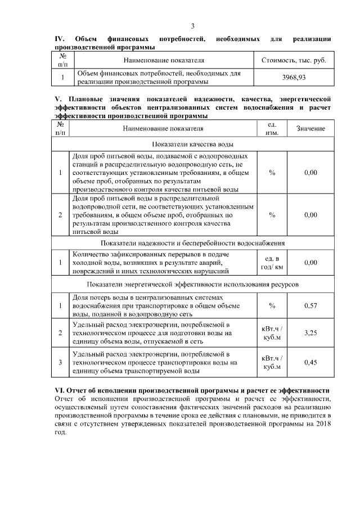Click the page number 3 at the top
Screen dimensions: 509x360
tap(192, 26)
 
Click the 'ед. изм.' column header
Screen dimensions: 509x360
tap(272, 128)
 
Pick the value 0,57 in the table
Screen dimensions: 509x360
tap(310, 305)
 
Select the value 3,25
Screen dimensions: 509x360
tap(310, 333)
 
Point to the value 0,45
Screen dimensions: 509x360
tap(310, 362)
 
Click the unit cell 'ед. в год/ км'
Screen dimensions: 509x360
tap(272, 262)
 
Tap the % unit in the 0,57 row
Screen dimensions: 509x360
tap(272, 305)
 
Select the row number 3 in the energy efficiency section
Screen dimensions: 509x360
tap(60, 362)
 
